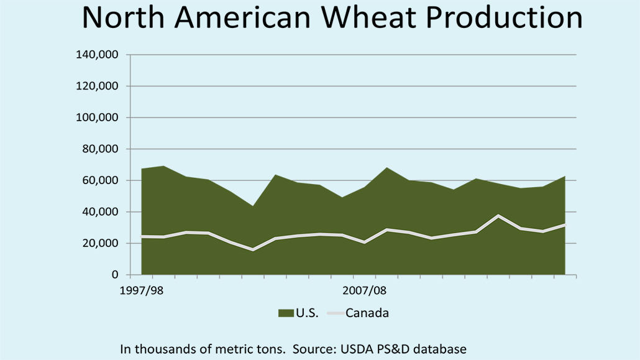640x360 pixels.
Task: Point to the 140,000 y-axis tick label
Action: pyautogui.click(x=97, y=55)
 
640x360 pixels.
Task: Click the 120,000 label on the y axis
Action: pyautogui.click(x=97, y=86)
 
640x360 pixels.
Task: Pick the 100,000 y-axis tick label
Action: pyautogui.click(x=97, y=118)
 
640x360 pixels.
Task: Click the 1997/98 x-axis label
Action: pyautogui.click(x=141, y=290)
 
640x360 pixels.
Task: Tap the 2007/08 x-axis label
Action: pyautogui.click(x=364, y=290)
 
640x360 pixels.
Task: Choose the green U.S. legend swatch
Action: pyautogui.click(x=286, y=313)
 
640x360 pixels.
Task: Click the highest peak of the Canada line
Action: pyautogui.click(x=498, y=216)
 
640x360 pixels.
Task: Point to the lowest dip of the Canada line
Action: pyautogui.click(x=252, y=250)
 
